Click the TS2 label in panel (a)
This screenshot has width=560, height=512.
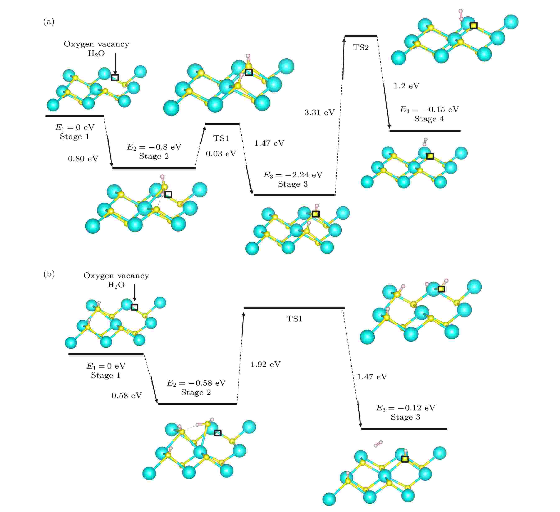361,48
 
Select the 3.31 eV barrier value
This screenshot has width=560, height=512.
319,112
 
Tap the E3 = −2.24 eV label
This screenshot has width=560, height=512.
293,175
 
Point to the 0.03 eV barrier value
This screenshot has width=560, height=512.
221,153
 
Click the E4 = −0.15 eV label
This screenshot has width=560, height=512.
429,110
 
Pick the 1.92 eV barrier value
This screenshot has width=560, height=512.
265,364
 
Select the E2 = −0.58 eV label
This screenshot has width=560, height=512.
196,383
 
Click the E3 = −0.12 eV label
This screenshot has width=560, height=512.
406,408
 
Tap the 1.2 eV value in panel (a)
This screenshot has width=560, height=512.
407,86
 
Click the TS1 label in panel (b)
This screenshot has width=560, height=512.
295,319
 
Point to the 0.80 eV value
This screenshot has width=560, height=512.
83,159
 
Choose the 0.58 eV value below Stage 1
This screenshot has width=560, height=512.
127,396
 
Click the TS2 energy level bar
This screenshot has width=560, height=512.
361,36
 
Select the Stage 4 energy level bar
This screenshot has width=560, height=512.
425,131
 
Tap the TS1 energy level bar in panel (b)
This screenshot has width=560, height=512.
294,308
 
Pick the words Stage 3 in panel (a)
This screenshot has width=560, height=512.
293,184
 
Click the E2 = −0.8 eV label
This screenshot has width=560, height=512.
154,147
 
